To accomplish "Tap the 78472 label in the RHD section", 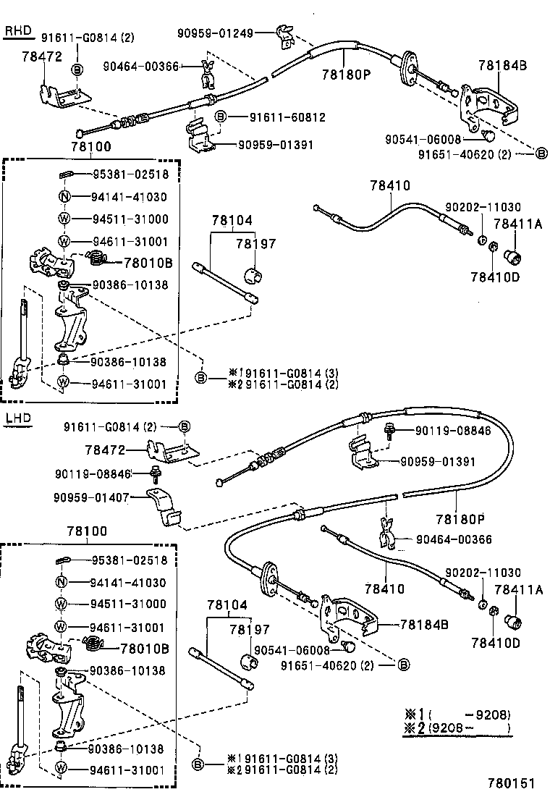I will point(42,56).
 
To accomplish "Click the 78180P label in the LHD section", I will point(460,519).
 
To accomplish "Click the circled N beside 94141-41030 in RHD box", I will point(64,196).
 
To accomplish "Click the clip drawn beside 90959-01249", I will point(284,34).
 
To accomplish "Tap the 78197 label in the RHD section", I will point(255,245).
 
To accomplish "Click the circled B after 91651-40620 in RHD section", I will point(541,153).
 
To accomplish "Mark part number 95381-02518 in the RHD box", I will point(130,174).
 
